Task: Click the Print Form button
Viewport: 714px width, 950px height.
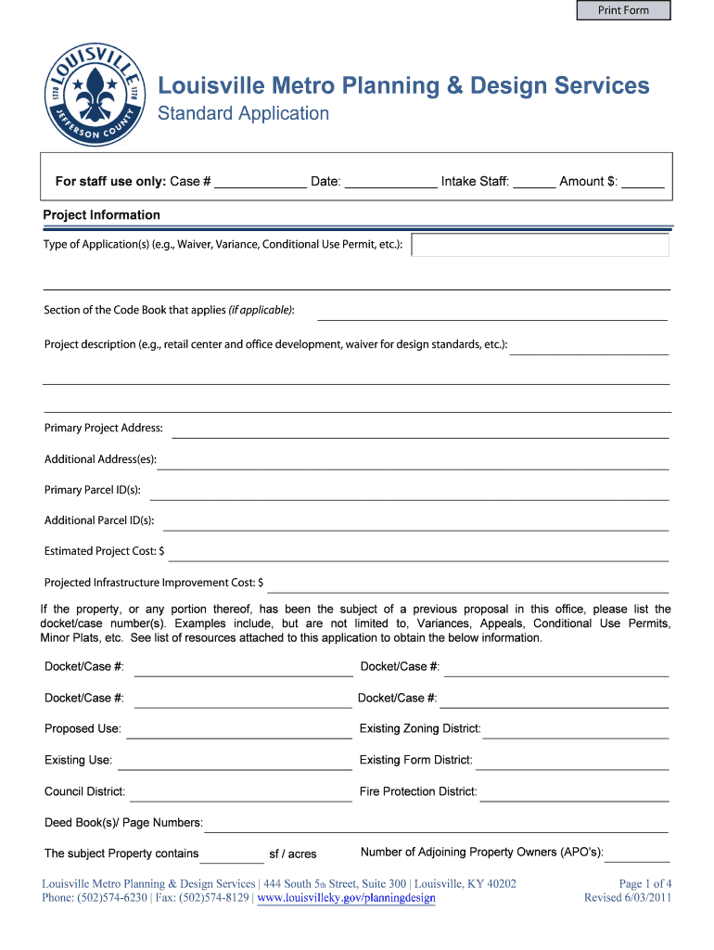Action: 623,11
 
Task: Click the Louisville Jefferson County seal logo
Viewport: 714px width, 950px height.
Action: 96,94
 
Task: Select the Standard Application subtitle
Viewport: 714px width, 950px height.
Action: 243,114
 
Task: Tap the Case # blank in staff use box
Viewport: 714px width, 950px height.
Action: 261,183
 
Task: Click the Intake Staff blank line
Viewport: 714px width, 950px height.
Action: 534,183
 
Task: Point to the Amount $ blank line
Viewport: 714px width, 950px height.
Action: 643,183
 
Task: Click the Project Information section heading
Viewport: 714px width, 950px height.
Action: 102,215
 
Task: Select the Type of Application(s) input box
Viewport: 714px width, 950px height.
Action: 540,245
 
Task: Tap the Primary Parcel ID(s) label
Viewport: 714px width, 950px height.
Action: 93,490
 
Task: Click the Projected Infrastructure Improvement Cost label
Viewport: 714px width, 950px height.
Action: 154,583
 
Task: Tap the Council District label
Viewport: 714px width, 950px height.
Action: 85,792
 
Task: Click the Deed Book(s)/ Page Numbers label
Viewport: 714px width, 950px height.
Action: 124,823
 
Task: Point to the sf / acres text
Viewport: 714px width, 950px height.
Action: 293,854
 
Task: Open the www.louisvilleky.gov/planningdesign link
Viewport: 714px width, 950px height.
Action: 346,898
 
